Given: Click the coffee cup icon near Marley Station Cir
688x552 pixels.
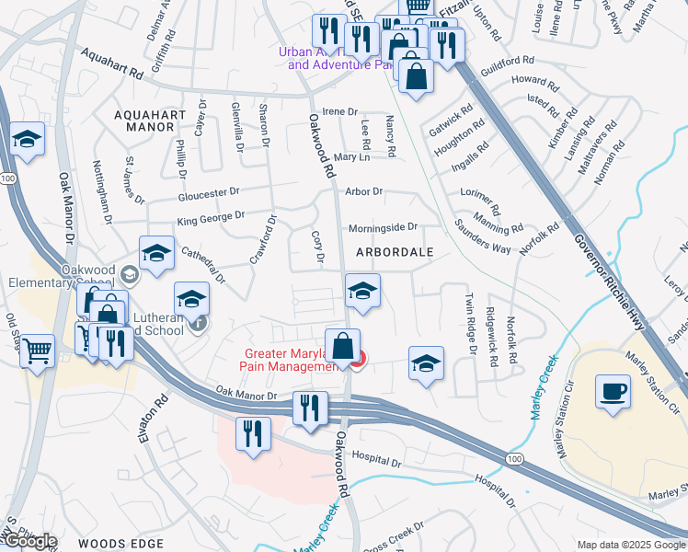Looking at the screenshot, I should click(x=613, y=391).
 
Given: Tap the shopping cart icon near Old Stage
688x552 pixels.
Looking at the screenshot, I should click(x=37, y=350).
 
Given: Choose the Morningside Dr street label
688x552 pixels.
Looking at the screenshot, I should click(x=383, y=227).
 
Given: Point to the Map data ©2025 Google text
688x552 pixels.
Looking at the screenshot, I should click(x=630, y=545).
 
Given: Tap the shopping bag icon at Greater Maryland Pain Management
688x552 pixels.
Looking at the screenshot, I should click(x=342, y=348).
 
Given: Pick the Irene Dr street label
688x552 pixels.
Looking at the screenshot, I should click(x=339, y=111).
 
